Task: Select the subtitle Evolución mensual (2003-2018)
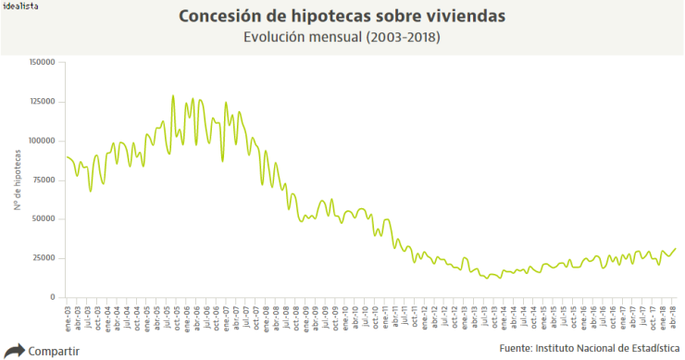tap(342, 38)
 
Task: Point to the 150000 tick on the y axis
tap(43, 62)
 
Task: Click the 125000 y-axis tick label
tap(43, 102)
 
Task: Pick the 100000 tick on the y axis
tap(43, 141)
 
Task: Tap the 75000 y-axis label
tap(44, 180)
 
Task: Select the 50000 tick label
tap(44, 219)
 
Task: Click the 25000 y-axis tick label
tap(44, 258)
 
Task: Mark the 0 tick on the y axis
tap(53, 297)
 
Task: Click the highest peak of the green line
tap(173, 95)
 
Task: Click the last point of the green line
tap(675, 248)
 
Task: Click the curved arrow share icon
tap(14, 350)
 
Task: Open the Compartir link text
tap(54, 351)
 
